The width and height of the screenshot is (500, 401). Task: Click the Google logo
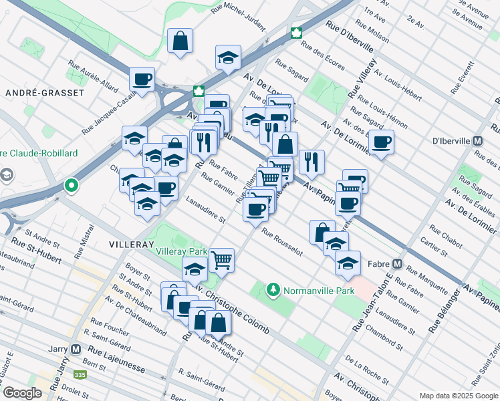pos(22,393)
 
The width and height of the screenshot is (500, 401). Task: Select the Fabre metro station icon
pos(398,263)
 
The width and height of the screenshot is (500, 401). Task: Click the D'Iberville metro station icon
pos(477,141)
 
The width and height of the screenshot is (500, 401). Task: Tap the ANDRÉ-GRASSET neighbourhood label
pos(45,93)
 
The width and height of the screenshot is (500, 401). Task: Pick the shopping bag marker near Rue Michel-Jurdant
pos(180,41)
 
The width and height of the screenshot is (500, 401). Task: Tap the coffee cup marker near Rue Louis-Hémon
pos(381,142)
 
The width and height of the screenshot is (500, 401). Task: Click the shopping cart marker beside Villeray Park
pos(221,259)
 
